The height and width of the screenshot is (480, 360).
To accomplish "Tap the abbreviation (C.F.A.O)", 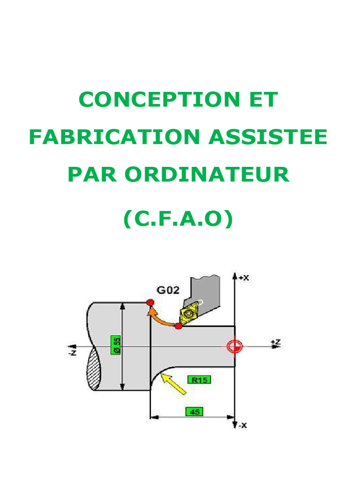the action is [178, 219].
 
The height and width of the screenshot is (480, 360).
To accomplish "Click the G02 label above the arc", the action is [168, 290].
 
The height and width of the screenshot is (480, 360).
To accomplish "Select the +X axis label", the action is [243, 277].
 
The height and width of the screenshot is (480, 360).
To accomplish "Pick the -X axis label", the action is [242, 426].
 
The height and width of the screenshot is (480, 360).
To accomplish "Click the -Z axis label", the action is [72, 350].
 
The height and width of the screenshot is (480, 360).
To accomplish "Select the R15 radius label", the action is [199, 380].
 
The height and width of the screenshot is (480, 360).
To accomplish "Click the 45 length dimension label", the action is [194, 412].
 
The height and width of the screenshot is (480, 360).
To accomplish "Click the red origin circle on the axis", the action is [234, 346].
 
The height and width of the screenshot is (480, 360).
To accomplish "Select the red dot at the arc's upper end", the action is [150, 302].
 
